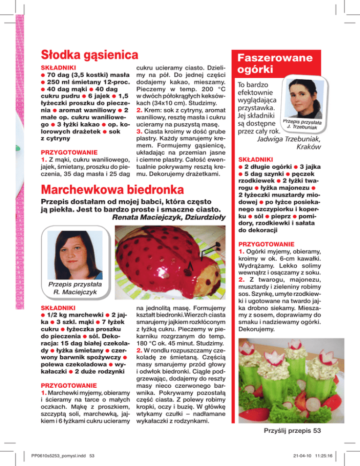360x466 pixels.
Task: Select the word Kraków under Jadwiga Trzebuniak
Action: (309, 147)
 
